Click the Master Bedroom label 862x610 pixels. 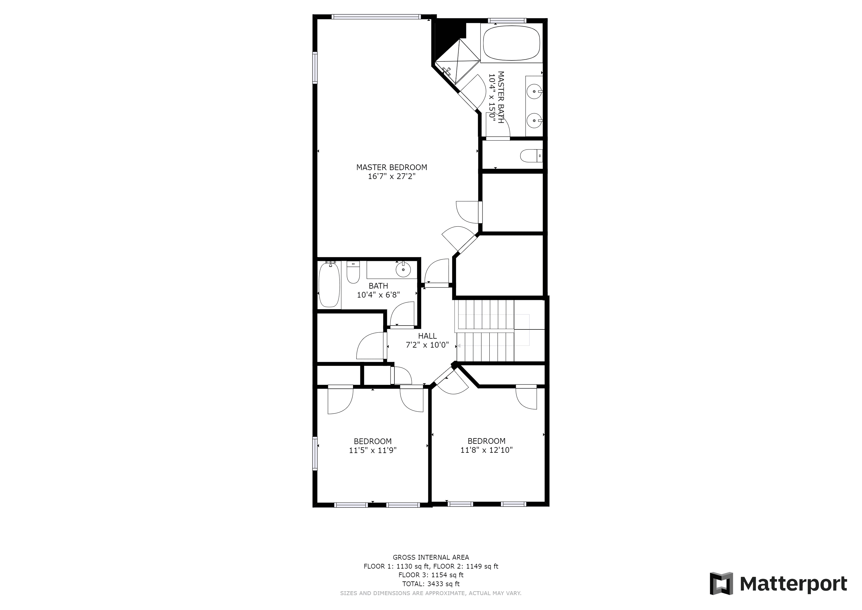tap(392, 167)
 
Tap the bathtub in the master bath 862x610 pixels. tap(511, 43)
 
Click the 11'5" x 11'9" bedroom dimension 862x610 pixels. tap(373, 450)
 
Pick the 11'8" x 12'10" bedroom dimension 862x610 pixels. tap(487, 450)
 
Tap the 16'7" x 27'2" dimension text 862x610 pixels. tap(392, 176)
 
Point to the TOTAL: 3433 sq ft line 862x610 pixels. tap(431, 584)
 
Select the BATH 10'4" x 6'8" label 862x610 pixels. tap(378, 290)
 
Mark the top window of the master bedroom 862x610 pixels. tap(376, 16)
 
